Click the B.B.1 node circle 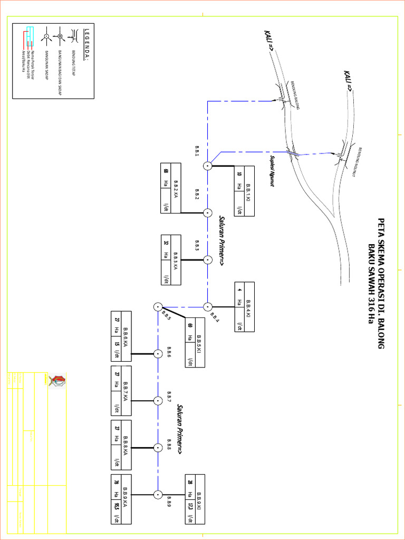coord(208,166)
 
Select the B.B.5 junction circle coord(157,307)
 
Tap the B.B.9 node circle coord(157,495)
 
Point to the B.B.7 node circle coord(157,401)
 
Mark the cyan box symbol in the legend coord(30,33)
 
